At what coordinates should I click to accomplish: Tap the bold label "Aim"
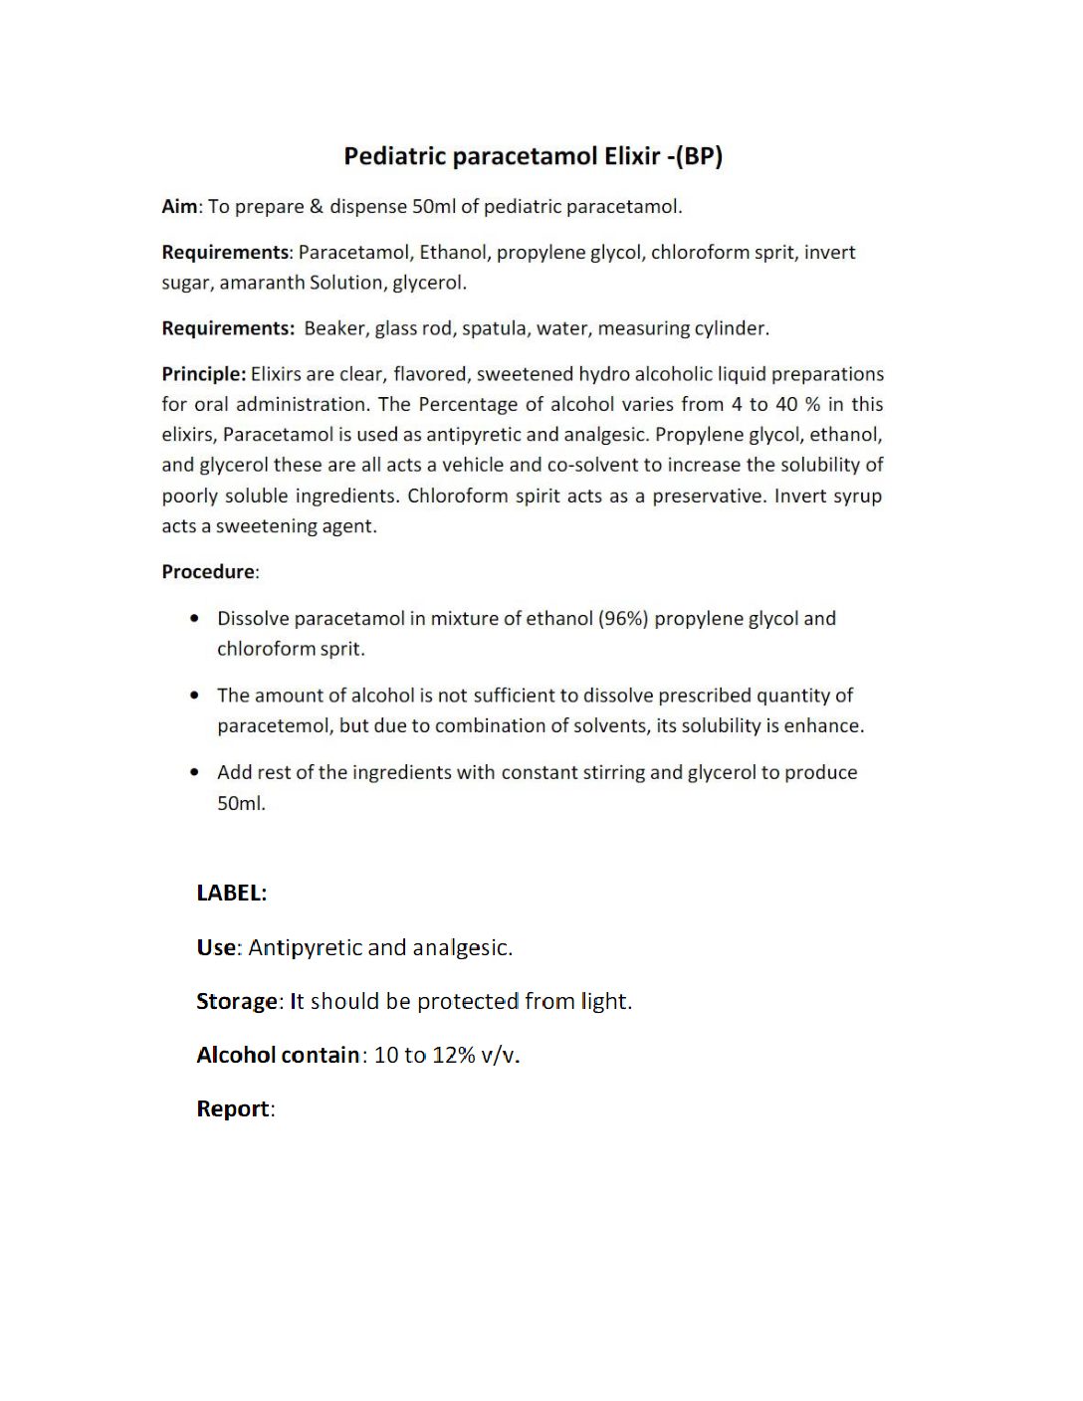(x=179, y=207)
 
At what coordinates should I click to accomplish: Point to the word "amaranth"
(x=262, y=283)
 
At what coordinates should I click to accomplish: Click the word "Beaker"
(x=333, y=328)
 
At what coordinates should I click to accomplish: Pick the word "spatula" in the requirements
(x=494, y=328)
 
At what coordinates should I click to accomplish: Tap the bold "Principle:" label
(x=203, y=374)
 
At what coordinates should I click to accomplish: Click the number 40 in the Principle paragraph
(x=786, y=404)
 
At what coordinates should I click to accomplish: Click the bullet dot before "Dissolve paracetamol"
(x=194, y=619)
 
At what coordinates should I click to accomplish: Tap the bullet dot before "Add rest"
(x=194, y=772)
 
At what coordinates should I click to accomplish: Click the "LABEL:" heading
(x=231, y=893)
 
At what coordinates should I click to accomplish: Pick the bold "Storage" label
(x=237, y=1001)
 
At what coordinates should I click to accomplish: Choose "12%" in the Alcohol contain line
(x=454, y=1055)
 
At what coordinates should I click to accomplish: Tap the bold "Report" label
(x=233, y=1108)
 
